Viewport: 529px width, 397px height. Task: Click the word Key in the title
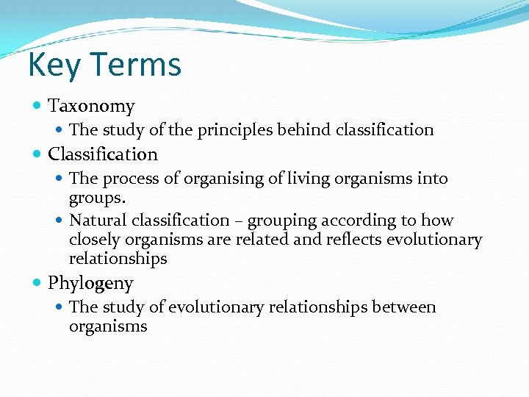pos(51,65)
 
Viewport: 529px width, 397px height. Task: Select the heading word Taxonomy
pos(91,107)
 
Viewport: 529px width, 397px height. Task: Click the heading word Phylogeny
pos(90,283)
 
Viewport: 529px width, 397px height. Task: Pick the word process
pos(128,179)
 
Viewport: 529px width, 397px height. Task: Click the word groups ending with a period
pos(97,198)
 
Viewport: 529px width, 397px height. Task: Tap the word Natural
pos(96,221)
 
